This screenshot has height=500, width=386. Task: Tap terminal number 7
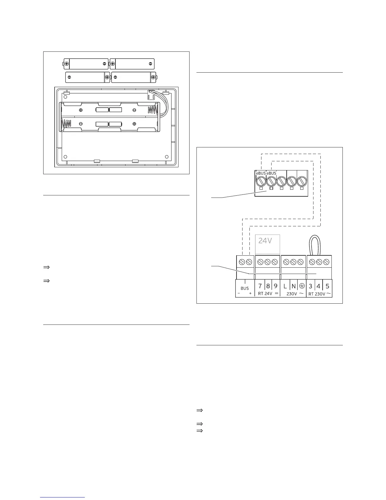[260, 286]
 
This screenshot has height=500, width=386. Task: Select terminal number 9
[276, 286]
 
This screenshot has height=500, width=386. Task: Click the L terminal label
[285, 286]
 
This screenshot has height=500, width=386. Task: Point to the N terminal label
[294, 286]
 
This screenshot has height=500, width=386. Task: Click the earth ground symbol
[302, 286]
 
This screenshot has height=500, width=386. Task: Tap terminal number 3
[311, 286]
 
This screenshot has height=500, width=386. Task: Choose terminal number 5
[327, 286]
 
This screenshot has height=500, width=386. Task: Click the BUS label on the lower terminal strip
[245, 288]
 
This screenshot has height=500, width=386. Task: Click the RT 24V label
[265, 294]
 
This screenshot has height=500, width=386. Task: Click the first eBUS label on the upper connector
[260, 173]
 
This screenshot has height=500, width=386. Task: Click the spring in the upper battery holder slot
[152, 110]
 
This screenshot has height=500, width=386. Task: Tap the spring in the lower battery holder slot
[67, 123]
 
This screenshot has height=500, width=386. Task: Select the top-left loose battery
[86, 64]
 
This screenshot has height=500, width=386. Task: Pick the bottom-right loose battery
[134, 77]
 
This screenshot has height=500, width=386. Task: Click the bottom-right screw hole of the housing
[167, 157]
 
